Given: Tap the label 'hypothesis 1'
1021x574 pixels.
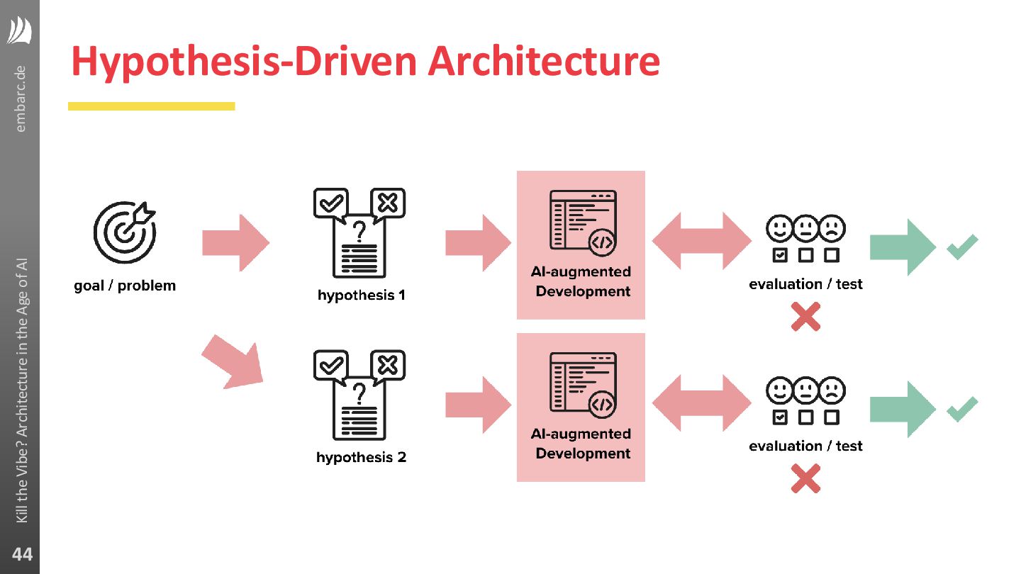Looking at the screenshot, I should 361,295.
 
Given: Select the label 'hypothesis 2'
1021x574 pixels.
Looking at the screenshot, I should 361,457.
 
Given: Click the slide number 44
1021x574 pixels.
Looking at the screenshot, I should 21,554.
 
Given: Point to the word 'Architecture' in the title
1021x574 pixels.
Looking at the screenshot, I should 544,62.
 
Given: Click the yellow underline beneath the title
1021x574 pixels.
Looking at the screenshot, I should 151,106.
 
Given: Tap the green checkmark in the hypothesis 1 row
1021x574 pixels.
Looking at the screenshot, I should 962,247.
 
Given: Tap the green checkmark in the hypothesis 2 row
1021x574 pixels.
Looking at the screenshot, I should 962,409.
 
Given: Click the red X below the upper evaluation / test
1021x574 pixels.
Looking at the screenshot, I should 805,317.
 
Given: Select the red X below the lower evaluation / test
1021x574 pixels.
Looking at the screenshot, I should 805,478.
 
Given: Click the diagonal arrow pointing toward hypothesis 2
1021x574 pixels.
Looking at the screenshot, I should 232,361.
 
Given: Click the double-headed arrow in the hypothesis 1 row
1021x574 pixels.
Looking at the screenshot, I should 701,242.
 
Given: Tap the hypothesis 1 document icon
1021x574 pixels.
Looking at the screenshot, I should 359,234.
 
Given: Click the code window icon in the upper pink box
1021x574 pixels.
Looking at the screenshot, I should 583,222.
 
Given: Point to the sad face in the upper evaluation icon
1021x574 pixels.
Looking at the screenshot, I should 831,229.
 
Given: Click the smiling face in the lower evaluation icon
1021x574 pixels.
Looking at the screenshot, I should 779,390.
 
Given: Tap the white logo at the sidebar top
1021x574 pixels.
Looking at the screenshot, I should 20,31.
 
